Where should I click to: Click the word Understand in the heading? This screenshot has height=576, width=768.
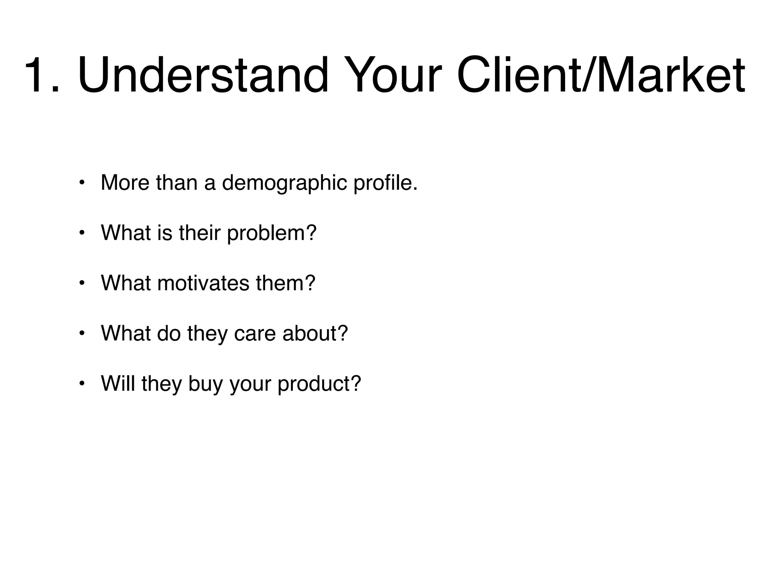pos(203,74)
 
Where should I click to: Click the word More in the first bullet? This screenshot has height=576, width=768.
pos(125,183)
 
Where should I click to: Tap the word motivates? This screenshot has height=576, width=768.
pos(203,283)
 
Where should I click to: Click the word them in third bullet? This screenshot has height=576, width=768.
pos(285,283)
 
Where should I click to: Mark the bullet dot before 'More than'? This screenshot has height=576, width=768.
pos(82,183)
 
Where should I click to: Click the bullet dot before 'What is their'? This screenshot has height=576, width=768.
pos(82,233)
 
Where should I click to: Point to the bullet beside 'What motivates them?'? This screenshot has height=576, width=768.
pos(82,283)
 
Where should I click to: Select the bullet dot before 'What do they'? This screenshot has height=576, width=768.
pos(82,333)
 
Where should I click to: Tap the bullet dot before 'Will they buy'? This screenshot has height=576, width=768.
pos(82,384)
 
